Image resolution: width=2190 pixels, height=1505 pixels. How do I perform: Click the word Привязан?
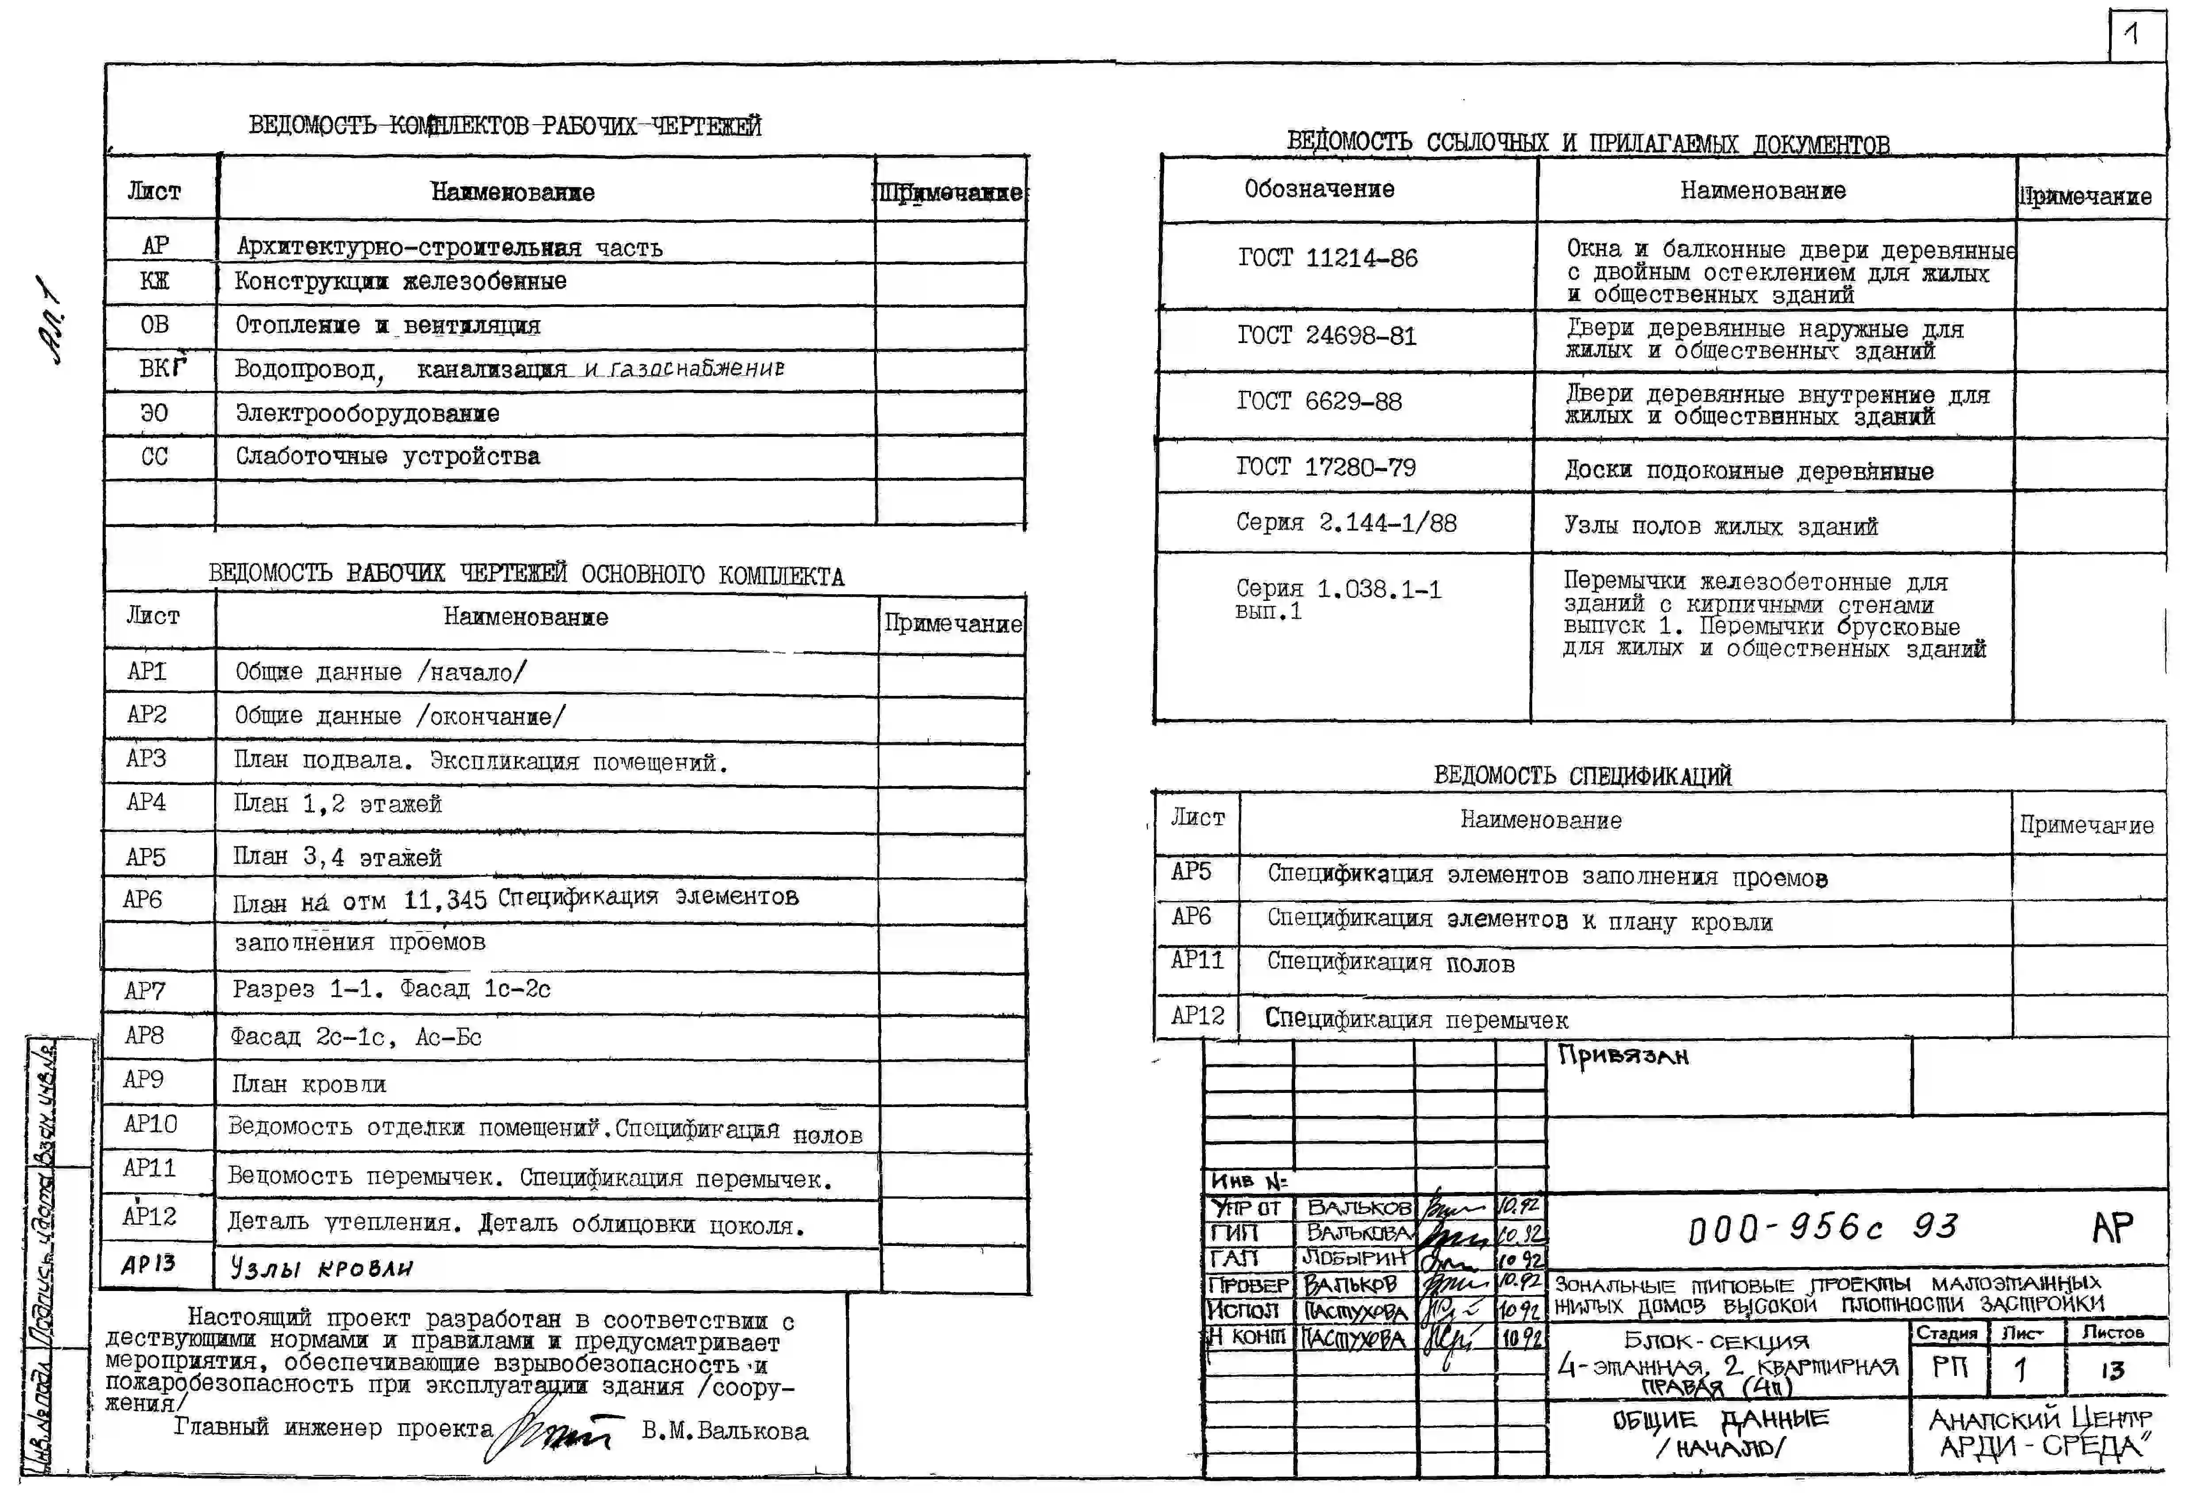[x=1622, y=1056]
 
